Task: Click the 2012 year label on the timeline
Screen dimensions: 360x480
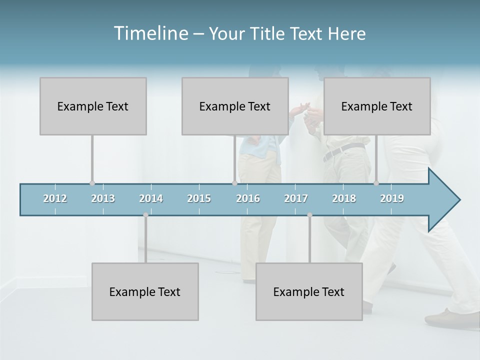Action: (55, 198)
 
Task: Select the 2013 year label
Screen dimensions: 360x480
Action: (103, 198)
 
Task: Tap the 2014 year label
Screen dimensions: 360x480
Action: (151, 198)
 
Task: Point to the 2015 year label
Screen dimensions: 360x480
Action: (199, 198)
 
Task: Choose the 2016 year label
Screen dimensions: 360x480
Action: (248, 198)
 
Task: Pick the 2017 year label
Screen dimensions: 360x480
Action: (296, 198)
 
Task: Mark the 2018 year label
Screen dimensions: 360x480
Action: (344, 198)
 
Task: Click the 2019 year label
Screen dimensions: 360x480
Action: (392, 198)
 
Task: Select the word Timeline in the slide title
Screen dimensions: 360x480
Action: (150, 33)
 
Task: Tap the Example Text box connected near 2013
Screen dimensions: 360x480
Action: (93, 106)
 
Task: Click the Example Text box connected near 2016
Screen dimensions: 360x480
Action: (235, 106)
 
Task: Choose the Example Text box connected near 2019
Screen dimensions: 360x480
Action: (377, 106)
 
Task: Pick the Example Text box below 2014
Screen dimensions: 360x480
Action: (145, 291)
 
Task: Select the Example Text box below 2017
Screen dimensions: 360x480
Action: (309, 291)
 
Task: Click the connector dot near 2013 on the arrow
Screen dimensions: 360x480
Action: (92, 183)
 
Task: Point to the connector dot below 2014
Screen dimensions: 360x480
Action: (145, 215)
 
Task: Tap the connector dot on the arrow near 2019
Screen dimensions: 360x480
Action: (376, 183)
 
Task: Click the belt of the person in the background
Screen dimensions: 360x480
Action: (345, 150)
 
